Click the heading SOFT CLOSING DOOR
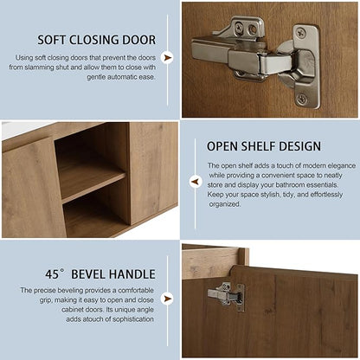click(97, 40)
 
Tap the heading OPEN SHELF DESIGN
click(264, 146)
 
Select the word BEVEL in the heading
click(90, 274)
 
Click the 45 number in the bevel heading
click(52, 274)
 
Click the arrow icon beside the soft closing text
click(167, 58)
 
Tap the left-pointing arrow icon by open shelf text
click(196, 182)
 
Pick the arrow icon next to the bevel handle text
click(167, 299)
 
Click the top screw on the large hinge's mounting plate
click(301, 33)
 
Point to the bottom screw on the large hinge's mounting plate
click(302, 100)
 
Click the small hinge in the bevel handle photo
click(227, 296)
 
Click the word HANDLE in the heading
click(134, 274)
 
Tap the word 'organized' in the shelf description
click(224, 204)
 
